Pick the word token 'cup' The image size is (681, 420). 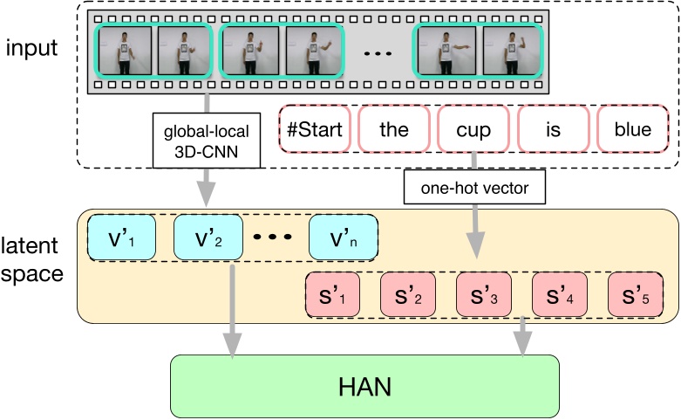[x=473, y=130]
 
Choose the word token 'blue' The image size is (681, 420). [x=632, y=130]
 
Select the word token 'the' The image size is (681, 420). [x=393, y=130]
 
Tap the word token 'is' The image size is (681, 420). [x=553, y=130]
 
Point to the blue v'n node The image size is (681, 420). [x=343, y=237]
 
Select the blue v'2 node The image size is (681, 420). [x=208, y=237]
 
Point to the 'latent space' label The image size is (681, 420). [x=32, y=261]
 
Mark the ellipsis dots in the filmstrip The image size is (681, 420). [x=378, y=54]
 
